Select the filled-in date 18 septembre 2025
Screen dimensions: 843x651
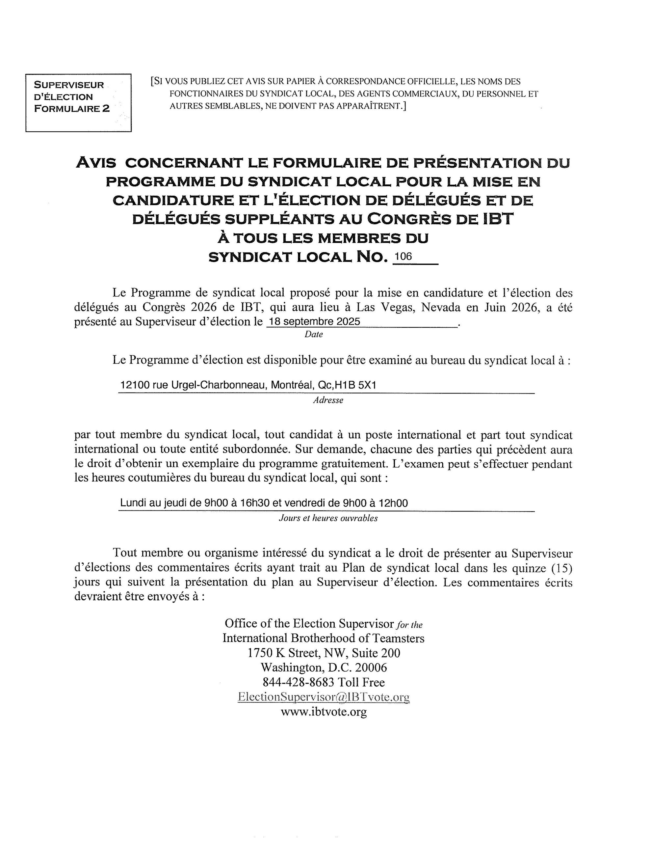[314, 321]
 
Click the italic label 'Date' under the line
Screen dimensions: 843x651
[313, 335]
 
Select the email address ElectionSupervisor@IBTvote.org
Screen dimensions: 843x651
[324, 697]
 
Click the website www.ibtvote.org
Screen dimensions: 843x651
[324, 711]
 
